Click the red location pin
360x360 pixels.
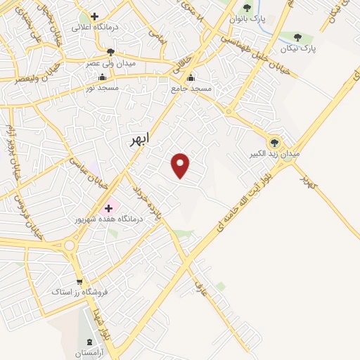pos(181,165)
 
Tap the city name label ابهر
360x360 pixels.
pos(140,140)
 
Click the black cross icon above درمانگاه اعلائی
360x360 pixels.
pos(94,15)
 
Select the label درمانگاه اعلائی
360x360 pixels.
pos(94,27)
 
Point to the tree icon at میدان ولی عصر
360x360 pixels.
pos(110,51)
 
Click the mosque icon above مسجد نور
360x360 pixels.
pos(103,77)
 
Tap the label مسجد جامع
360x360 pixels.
pos(191,89)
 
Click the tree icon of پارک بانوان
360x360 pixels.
pos(247,8)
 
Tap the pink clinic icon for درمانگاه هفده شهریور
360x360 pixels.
pos(109,208)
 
